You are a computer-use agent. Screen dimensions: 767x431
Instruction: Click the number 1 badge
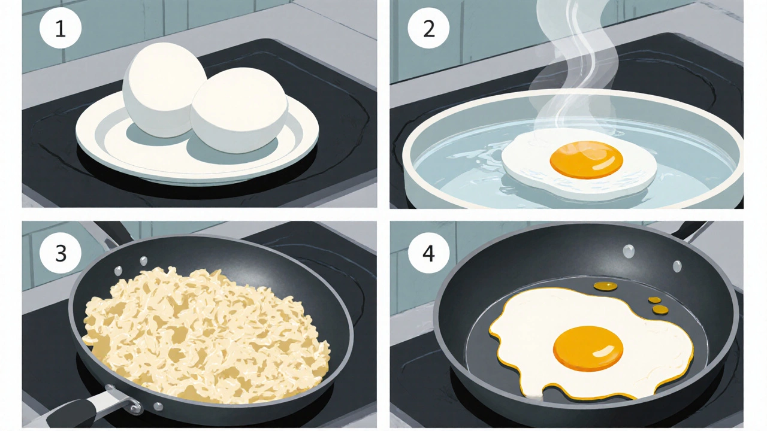click(x=61, y=28)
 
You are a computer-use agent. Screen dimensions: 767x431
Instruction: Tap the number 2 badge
click(x=428, y=28)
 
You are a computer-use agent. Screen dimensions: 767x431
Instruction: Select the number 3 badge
click(x=61, y=253)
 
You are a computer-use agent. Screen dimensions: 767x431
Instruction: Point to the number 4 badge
click(x=428, y=253)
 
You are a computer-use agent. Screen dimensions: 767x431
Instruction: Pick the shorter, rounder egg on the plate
click(x=239, y=110)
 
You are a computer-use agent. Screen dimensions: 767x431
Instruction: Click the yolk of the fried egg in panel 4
click(x=588, y=348)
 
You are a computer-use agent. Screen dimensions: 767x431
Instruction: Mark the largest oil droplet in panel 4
click(x=603, y=286)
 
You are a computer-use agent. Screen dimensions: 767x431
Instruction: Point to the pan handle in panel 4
click(x=689, y=230)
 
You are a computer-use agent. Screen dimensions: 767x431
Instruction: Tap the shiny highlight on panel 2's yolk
click(x=605, y=164)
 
